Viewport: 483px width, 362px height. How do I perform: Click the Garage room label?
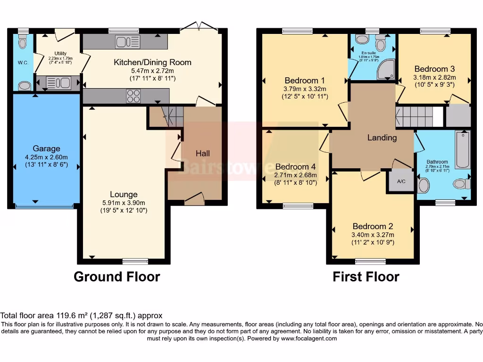47,148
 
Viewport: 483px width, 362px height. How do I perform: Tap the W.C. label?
23,63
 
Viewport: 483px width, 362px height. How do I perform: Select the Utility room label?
60,53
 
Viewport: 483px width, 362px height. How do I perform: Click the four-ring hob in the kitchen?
133,96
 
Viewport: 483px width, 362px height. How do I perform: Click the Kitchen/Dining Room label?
152,62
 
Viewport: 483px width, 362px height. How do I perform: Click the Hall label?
203,153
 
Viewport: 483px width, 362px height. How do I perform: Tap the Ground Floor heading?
117,277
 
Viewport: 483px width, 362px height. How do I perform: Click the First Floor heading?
366,277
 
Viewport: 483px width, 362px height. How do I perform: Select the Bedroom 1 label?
305,80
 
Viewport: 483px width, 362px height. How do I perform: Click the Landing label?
382,138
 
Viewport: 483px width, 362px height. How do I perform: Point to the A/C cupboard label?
401,181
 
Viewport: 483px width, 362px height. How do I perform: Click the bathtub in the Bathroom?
462,149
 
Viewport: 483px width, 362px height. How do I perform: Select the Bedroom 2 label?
373,226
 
